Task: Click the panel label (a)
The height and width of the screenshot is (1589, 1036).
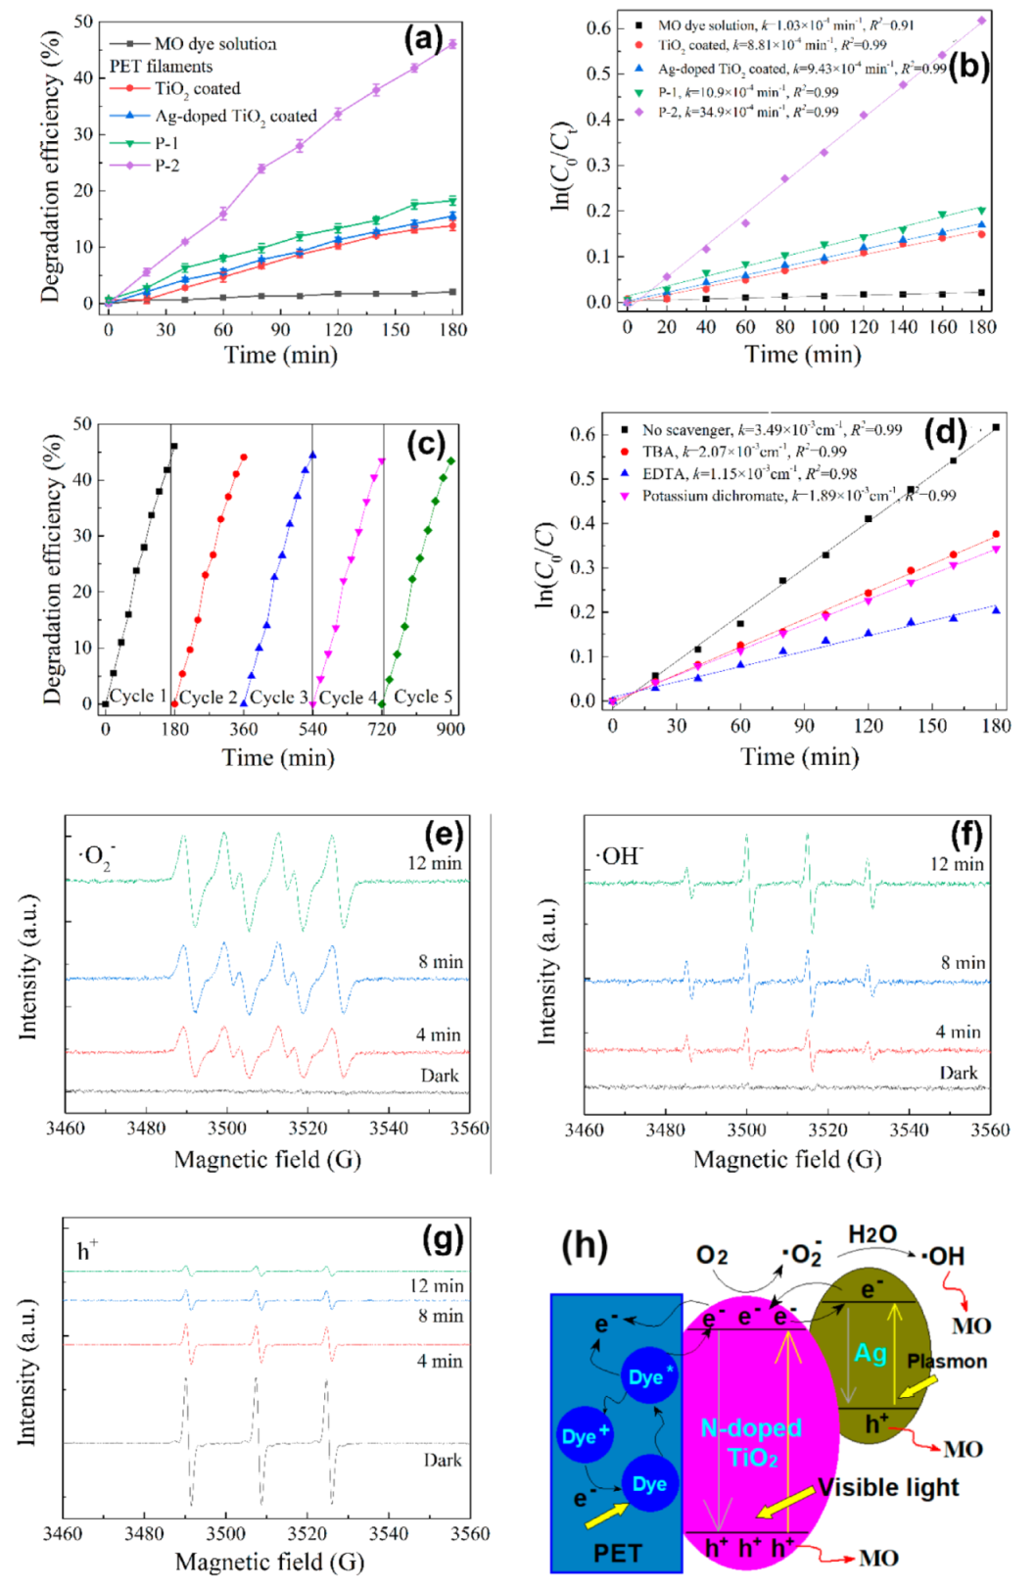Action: click(x=423, y=40)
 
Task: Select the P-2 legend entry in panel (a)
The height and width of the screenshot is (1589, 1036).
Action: click(x=166, y=166)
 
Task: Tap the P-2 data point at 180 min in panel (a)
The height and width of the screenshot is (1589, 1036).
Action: click(x=452, y=44)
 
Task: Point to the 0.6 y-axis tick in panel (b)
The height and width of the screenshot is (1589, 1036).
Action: click(x=598, y=28)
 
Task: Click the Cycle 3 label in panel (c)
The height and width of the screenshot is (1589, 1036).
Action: click(x=278, y=698)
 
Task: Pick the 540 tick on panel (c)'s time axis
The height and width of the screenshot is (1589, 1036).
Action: click(x=312, y=729)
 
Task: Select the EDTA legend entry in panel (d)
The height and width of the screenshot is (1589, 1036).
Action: click(x=662, y=473)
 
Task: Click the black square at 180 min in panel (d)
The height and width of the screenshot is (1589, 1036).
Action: click(x=997, y=427)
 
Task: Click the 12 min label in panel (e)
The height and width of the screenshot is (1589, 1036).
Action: click(x=435, y=864)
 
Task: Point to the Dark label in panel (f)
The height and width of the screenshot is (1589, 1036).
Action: click(x=958, y=1074)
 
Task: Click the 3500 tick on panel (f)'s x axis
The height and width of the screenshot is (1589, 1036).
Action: click(x=746, y=1130)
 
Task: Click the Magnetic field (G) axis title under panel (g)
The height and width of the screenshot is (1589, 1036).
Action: click(x=269, y=1561)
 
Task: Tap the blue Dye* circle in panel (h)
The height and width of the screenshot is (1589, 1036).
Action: click(x=650, y=1377)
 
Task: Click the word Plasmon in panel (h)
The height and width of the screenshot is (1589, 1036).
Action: click(x=947, y=1362)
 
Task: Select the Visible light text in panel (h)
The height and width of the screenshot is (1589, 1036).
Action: click(x=888, y=1487)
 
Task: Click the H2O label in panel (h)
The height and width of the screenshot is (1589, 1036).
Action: click(x=871, y=1234)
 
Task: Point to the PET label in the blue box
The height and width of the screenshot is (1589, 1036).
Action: click(x=617, y=1553)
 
